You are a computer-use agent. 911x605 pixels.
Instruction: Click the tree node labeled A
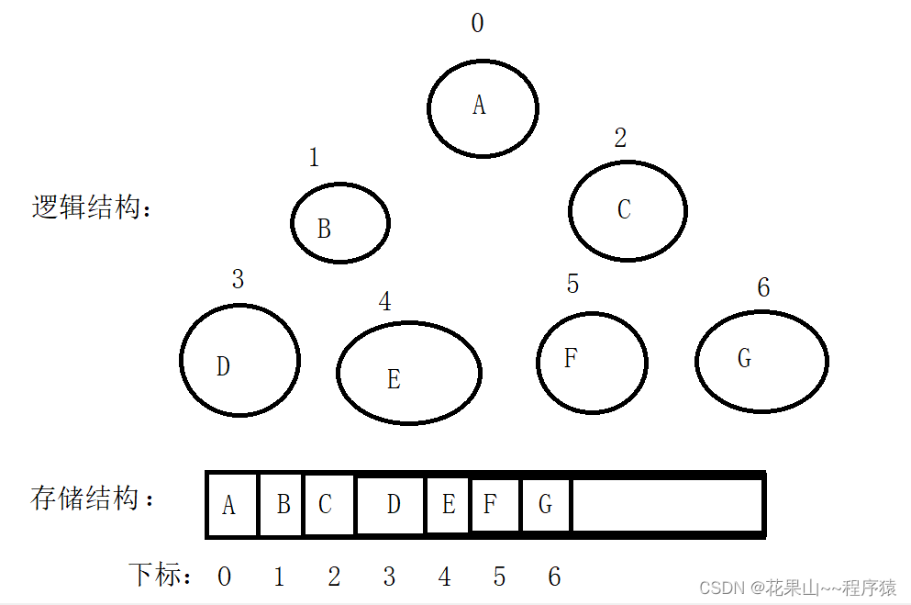[483, 108]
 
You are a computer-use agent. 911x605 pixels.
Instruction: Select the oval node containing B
[340, 223]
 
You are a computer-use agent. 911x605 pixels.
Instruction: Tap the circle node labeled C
[628, 210]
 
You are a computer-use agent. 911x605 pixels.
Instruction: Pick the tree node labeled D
[239, 361]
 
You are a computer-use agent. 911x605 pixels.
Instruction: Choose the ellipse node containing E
[409, 373]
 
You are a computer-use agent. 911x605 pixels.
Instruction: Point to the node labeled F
[592, 362]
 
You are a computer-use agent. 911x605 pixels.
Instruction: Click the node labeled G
[761, 361]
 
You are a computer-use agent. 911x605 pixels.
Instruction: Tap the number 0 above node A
[477, 23]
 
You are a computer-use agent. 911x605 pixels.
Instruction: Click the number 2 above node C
[620, 138]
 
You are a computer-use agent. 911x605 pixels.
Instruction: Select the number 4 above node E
[385, 302]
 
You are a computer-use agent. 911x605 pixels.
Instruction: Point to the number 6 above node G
[763, 287]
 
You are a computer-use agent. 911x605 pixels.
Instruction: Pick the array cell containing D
[391, 504]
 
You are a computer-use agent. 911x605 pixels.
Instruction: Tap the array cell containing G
[546, 504]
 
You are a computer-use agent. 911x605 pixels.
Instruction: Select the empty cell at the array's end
[668, 505]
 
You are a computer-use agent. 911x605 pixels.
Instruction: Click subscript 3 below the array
[389, 577]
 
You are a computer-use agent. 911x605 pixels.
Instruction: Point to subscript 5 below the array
[499, 577]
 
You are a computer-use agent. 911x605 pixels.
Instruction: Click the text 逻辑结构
[89, 207]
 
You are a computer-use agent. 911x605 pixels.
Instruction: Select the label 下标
[159, 576]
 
